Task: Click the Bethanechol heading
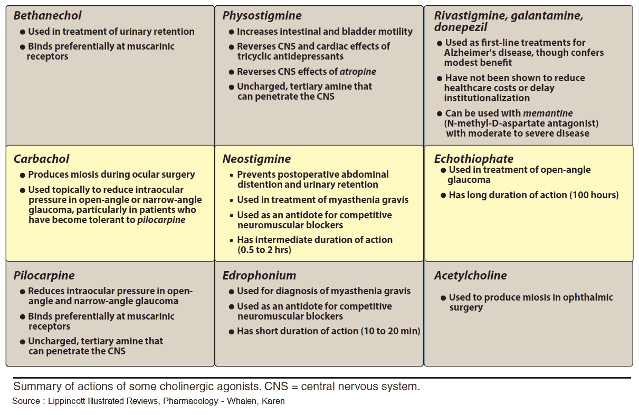[x=47, y=16]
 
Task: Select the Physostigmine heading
[x=262, y=16]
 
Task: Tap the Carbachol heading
[x=41, y=159]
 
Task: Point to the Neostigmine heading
[x=256, y=159]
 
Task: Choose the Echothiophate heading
[x=473, y=159]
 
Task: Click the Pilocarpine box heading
[x=44, y=276]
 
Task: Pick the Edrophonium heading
[x=259, y=276]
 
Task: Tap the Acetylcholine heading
[x=470, y=276]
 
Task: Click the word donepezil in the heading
[x=461, y=27]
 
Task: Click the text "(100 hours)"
[x=594, y=195]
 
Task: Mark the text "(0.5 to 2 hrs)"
[x=264, y=250]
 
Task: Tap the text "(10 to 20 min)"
[x=390, y=331]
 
